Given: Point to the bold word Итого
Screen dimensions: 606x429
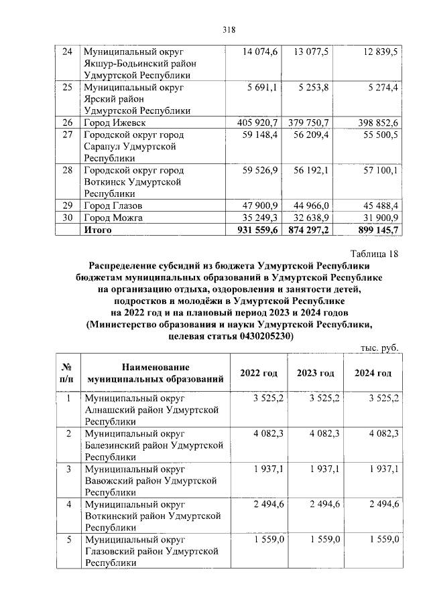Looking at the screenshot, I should pos(97,230).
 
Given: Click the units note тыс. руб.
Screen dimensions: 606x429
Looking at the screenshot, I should pos(379,350).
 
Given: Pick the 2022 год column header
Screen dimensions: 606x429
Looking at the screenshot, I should pos(259,373).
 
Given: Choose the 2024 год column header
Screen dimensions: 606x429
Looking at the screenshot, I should pos(373,373).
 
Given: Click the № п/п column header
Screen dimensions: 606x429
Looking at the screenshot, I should pos(67,373).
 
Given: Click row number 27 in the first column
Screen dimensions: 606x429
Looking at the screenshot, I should pos(67,135).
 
